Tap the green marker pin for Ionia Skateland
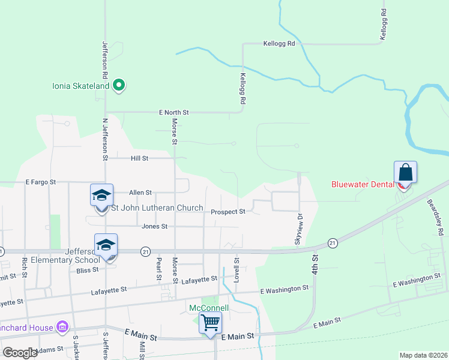coord(119,85)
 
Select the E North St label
coord(174,112)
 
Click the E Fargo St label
coord(40,181)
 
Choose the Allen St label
coord(140,193)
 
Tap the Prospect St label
coord(228,212)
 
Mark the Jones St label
coord(154,226)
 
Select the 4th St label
coord(314,264)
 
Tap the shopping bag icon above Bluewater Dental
coord(405,172)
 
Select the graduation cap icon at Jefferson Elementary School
coord(106,245)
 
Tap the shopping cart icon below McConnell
coord(210,323)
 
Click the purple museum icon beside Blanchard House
coord(62,327)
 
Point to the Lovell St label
coord(237,268)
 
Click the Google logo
coord(20,353)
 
